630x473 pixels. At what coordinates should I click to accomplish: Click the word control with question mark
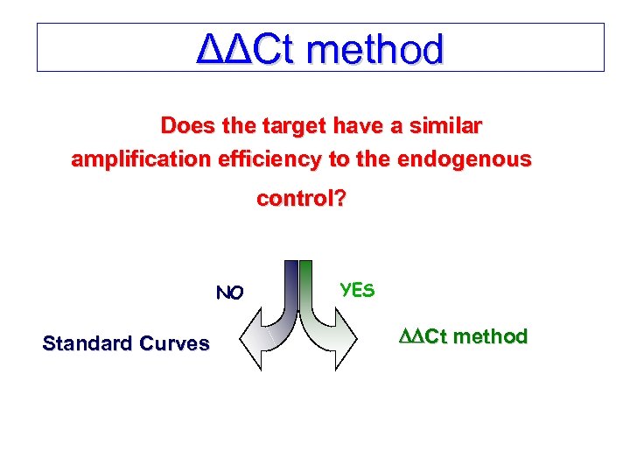pos(301,199)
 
